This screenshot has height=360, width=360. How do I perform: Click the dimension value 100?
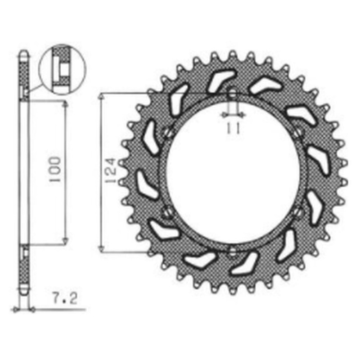54,170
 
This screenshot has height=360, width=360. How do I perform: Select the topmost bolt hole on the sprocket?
233,95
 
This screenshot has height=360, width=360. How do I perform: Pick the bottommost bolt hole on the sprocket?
232,251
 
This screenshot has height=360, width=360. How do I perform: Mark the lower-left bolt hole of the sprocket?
167,211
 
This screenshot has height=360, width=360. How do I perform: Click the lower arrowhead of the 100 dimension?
66,242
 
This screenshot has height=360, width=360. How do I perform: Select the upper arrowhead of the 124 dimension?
103,96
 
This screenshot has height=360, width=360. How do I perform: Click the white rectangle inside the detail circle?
61,69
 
